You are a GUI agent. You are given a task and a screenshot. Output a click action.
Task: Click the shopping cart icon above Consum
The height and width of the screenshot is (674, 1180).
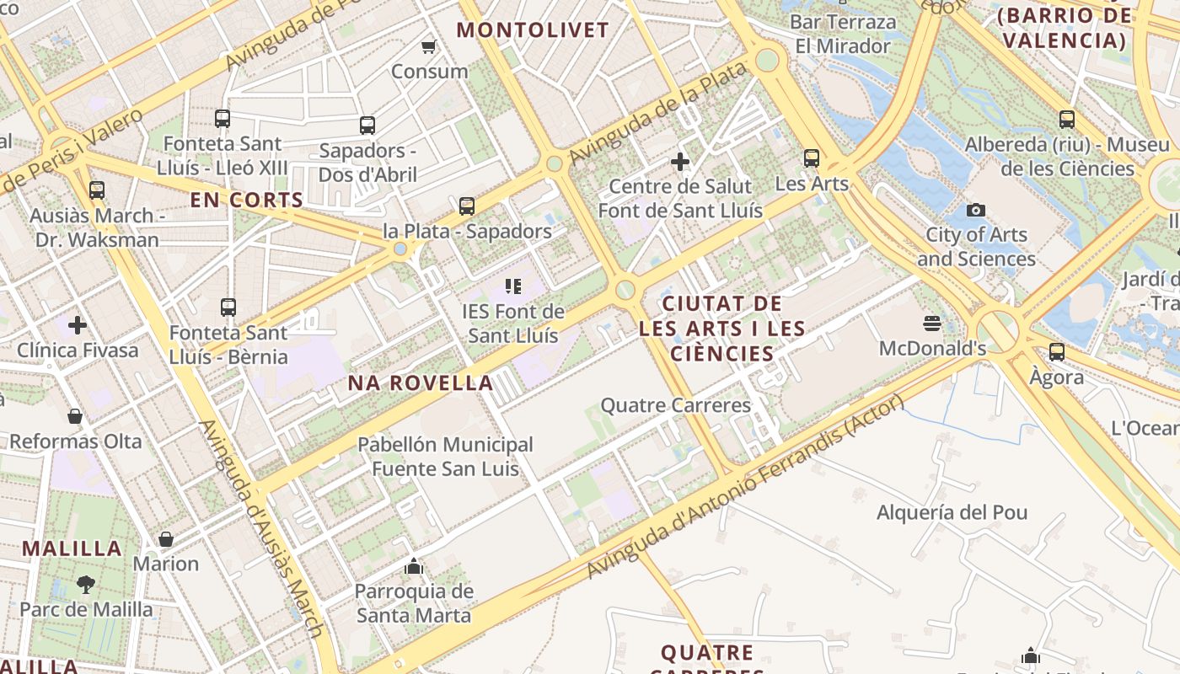pos(429,46)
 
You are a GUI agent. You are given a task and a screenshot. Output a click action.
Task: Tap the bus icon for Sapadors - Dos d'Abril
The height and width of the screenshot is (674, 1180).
pos(367,126)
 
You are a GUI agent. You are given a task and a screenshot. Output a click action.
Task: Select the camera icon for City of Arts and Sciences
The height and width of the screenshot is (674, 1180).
pos(976,210)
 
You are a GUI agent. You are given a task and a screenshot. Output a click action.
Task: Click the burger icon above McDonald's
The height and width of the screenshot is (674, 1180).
pos(932,324)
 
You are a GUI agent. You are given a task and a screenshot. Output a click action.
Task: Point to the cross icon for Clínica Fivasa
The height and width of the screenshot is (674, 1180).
pos(78,324)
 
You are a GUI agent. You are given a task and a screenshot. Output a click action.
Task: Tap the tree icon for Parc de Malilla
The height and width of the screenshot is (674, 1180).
pos(86,584)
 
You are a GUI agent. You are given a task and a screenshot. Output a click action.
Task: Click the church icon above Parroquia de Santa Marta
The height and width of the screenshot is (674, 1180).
pos(413,566)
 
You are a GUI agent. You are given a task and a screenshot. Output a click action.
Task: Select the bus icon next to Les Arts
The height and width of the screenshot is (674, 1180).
pos(812,158)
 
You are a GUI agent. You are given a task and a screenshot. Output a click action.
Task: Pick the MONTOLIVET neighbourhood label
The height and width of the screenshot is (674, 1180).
pos(532,30)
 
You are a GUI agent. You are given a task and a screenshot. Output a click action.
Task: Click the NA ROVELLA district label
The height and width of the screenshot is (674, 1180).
pos(421,383)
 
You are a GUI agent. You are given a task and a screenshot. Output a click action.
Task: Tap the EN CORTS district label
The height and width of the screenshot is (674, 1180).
pos(246,200)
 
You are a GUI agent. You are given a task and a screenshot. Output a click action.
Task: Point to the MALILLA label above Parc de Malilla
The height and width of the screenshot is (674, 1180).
pos(72,548)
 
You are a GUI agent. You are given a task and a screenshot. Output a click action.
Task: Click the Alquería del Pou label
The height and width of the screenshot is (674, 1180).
pos(952,512)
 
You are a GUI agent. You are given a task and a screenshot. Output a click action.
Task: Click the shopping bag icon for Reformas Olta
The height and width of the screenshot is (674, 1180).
pos(75,416)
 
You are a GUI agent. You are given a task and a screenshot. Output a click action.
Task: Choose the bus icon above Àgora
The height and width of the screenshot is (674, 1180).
pos(1057,352)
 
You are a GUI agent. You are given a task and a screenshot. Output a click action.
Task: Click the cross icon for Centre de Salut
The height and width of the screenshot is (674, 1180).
pos(680,161)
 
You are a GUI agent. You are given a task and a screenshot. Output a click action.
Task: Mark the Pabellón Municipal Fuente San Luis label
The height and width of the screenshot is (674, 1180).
pos(445,456)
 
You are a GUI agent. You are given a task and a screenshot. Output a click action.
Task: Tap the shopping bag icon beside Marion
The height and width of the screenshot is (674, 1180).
pos(166,539)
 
